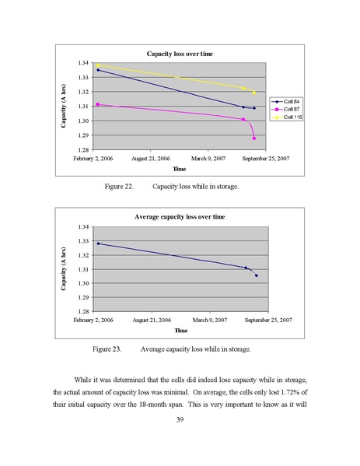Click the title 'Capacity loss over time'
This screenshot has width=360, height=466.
point(180,54)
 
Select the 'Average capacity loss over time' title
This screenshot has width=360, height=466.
point(180,216)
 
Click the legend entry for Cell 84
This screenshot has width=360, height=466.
point(285,102)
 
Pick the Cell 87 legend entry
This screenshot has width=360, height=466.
point(285,110)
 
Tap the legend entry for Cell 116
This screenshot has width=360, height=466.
point(287,117)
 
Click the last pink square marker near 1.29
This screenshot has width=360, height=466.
point(254,138)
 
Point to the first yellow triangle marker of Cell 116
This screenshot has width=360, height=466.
point(98,65)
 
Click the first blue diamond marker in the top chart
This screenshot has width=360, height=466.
point(98,70)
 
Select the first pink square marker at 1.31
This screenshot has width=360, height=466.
point(98,104)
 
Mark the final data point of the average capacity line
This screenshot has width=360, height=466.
point(257,275)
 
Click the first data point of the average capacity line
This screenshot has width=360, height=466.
point(98,244)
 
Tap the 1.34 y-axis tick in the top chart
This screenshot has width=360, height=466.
point(83,63)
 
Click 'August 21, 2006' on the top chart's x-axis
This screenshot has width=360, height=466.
point(151,159)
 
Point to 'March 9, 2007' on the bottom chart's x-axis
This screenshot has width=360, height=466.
point(210,320)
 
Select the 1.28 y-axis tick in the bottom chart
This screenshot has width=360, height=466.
point(83,311)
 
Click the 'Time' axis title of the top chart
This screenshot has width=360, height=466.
point(180,169)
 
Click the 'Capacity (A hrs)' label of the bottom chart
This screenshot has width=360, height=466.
point(63,269)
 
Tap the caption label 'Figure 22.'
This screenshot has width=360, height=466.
point(119,187)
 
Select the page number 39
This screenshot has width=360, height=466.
point(180,419)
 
